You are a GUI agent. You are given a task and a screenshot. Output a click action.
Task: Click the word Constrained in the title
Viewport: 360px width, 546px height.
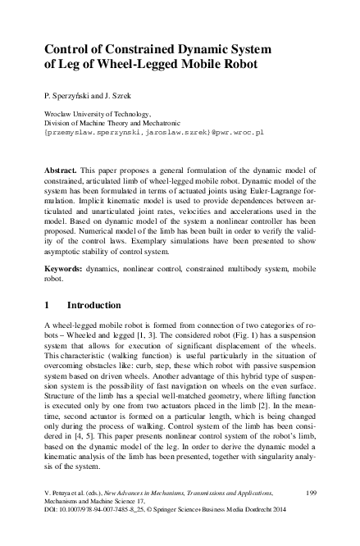click(139, 48)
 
